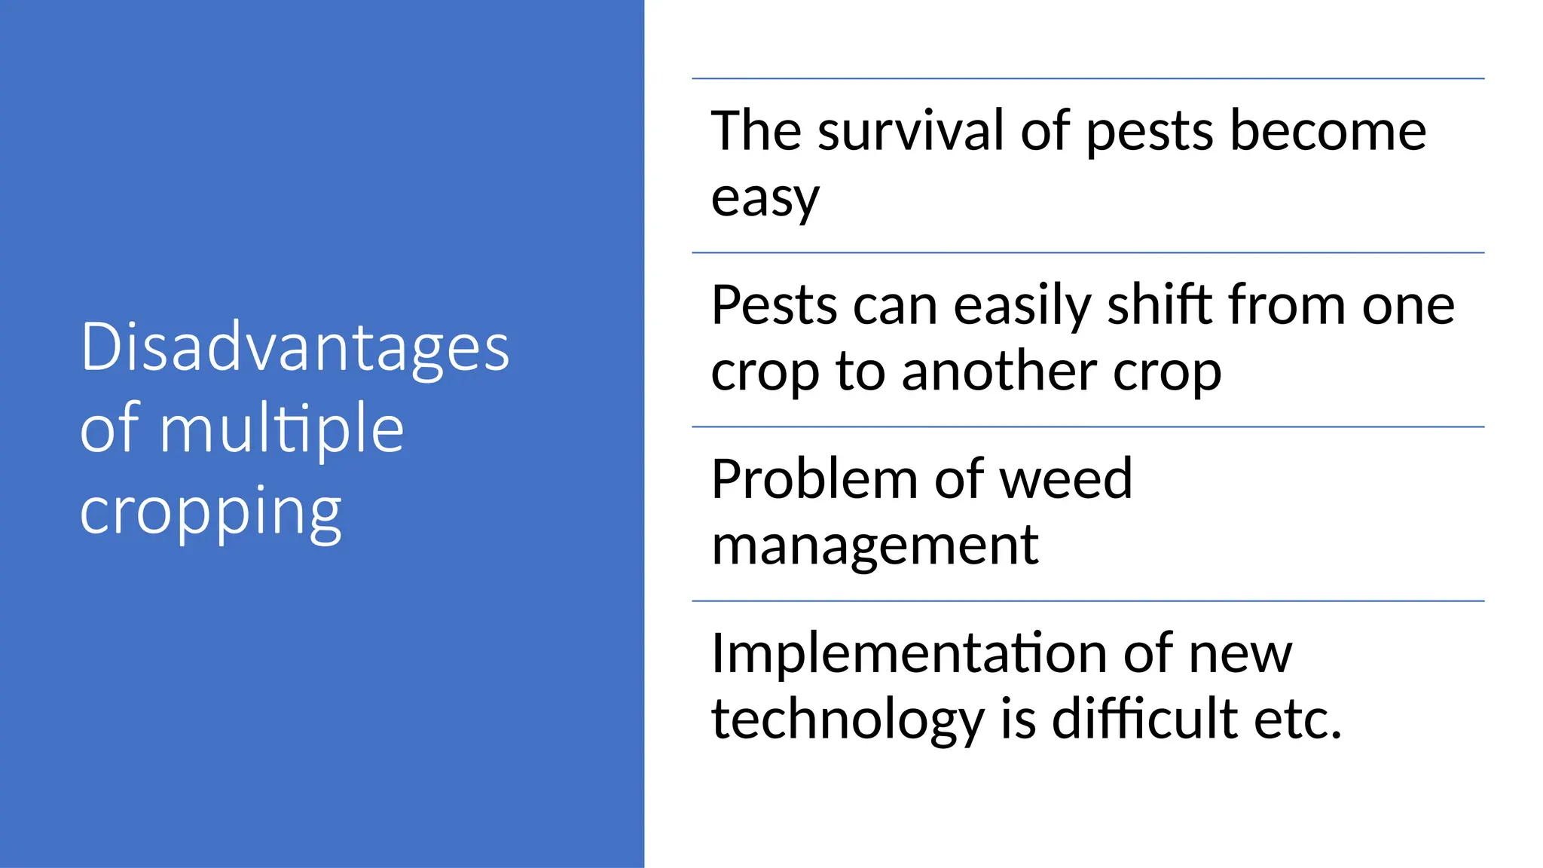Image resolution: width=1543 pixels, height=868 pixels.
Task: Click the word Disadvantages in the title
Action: click(x=295, y=347)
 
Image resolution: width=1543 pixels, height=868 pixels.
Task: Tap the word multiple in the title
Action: click(x=282, y=429)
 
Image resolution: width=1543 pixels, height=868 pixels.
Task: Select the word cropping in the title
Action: click(x=211, y=512)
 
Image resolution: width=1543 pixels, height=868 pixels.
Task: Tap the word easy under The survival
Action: click(x=765, y=199)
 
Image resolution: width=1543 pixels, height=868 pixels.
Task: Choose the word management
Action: click(x=875, y=546)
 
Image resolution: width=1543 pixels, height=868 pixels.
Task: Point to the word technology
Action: click(x=848, y=720)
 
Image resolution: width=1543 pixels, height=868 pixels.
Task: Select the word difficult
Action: click(x=1144, y=719)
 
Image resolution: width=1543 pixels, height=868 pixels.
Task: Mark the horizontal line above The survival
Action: click(x=1087, y=78)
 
